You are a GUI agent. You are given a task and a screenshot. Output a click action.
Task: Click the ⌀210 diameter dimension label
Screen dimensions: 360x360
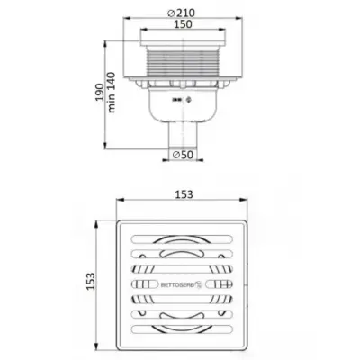click(182, 13)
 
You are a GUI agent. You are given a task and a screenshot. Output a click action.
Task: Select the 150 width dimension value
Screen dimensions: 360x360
click(183, 24)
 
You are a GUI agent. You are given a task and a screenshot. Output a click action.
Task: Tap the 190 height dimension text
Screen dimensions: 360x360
click(99, 92)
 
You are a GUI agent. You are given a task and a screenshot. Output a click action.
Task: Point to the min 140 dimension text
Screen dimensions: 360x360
click(112, 93)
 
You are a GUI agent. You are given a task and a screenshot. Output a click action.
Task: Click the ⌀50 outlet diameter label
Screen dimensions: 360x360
click(183, 155)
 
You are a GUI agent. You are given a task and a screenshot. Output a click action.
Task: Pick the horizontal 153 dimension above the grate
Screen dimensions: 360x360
click(184, 194)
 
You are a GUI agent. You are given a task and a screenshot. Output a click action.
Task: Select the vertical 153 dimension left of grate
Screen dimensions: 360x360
click(90, 281)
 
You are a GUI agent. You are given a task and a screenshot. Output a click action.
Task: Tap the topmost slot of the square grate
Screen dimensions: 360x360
click(182, 238)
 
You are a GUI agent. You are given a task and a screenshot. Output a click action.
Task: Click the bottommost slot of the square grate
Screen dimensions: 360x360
click(182, 328)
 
